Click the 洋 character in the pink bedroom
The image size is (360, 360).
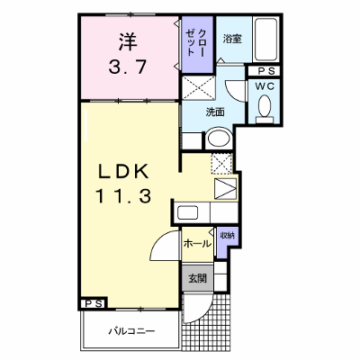pos(127,41)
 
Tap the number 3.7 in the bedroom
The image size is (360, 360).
pos(128,67)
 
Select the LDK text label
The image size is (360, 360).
pos(123,172)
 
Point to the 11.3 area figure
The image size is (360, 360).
pos(123,196)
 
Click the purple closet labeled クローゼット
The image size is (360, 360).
pos(198,44)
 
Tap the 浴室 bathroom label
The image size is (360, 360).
pos(232,39)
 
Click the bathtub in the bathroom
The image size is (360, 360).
pos(265,40)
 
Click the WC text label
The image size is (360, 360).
pos(265,86)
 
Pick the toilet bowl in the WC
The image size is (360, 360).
pos(265,106)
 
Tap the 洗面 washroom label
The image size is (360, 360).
pos(215,112)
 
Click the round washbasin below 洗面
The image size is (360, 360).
pos(219,139)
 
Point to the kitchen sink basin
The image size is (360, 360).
pos(187,212)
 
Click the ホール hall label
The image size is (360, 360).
pos(197,243)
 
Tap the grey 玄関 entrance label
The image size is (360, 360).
pos(197,279)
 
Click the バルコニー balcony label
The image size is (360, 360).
pos(131,331)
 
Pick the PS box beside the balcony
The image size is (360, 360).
pos(94,303)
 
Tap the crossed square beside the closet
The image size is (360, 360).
pos(199,88)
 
